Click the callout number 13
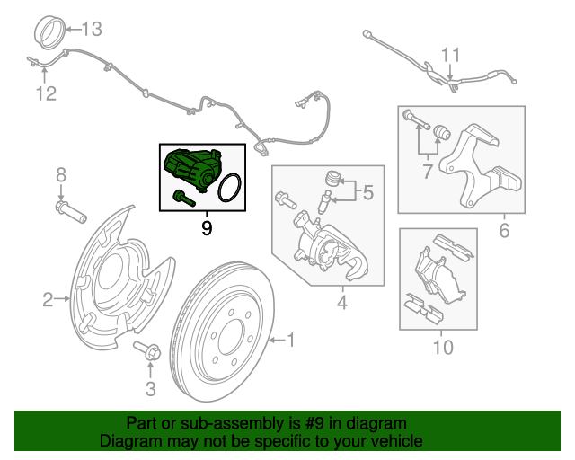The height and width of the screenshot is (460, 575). pos(93,29)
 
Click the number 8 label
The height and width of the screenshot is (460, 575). pos(60,174)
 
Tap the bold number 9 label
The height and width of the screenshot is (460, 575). pos(207,228)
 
